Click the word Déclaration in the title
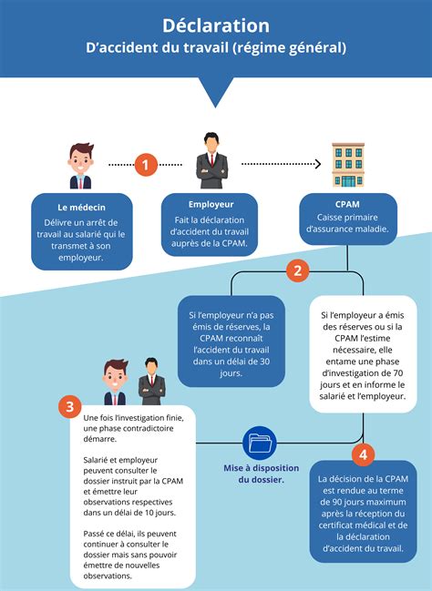[x=216, y=25]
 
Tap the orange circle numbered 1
[x=146, y=165]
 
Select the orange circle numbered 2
[x=296, y=270]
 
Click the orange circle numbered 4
[x=362, y=453]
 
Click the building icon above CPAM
[x=349, y=165]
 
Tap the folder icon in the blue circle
[x=260, y=443]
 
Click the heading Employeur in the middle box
[x=211, y=205]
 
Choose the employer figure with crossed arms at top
[x=211, y=160]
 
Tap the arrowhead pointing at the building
[x=318, y=165]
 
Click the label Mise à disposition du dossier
[x=261, y=474]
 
